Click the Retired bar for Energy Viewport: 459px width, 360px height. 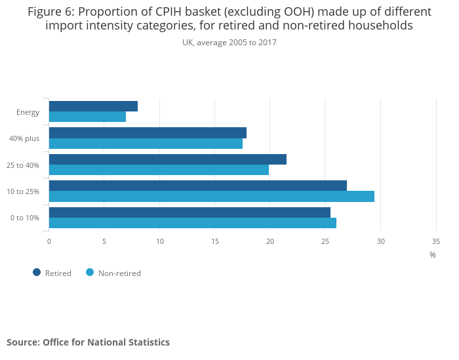coord(93,106)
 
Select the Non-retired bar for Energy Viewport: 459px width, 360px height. coord(87,117)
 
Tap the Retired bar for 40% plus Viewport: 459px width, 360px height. coord(148,133)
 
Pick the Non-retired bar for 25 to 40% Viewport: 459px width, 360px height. coord(159,170)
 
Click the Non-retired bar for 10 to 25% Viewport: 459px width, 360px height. coord(212,196)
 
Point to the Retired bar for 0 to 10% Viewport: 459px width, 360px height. coord(190,212)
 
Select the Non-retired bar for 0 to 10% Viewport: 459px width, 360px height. coord(193,223)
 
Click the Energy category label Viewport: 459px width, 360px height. coord(28,112)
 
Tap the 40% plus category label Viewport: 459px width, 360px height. coord(24,138)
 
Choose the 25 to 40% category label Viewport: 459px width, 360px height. coord(23,165)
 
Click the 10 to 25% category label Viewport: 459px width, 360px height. coord(23,191)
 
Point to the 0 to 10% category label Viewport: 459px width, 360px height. coord(25,218)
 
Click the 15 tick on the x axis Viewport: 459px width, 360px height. coord(215,241)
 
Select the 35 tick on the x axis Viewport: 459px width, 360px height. coord(436,241)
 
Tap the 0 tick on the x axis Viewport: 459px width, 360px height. coord(49,241)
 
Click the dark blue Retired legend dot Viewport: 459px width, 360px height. coord(37,273)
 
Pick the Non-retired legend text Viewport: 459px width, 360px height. coord(119,273)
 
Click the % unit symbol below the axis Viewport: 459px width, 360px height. coord(433,255)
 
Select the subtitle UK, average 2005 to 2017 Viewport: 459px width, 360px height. coord(229,43)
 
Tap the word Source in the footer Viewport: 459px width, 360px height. coord(24,342)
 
